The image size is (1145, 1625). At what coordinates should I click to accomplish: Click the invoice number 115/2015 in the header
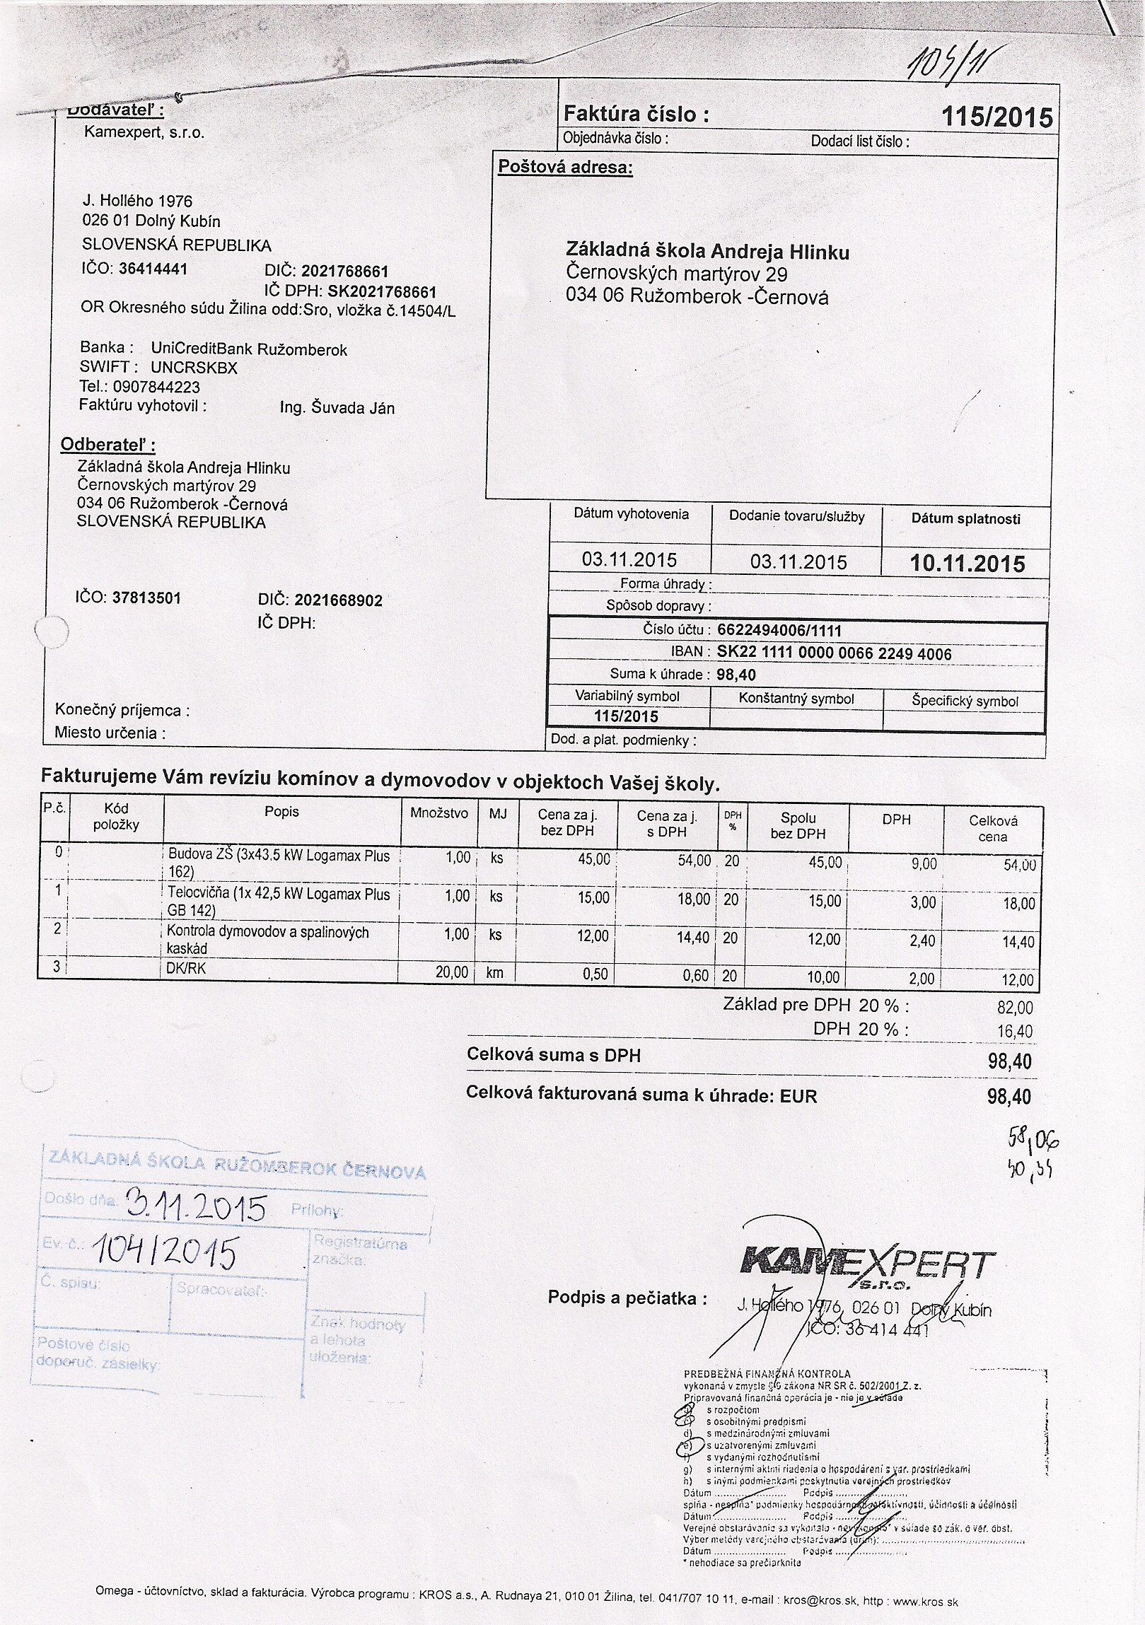[997, 117]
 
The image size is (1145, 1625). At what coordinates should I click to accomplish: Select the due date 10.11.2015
[967, 564]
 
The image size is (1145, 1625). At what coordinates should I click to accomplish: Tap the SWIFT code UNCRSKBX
[194, 368]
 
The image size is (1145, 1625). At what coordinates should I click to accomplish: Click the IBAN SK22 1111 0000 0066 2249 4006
[834, 653]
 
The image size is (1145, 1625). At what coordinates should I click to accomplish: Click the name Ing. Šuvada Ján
[337, 409]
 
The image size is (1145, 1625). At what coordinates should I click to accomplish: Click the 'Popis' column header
[281, 812]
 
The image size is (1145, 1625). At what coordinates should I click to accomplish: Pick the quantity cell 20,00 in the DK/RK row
[451, 973]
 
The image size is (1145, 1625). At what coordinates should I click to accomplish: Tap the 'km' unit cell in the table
[494, 973]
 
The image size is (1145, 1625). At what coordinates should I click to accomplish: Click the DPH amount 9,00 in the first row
[924, 864]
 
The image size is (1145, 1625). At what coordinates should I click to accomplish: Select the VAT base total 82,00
[1015, 1008]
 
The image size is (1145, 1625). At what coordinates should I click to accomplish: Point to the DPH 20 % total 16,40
[1015, 1032]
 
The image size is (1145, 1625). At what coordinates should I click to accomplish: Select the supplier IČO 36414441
[153, 269]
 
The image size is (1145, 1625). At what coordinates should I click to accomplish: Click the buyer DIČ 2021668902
[338, 601]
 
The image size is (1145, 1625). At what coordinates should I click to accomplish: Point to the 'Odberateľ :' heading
[107, 445]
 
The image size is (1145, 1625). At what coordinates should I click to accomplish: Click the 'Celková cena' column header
[992, 828]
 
